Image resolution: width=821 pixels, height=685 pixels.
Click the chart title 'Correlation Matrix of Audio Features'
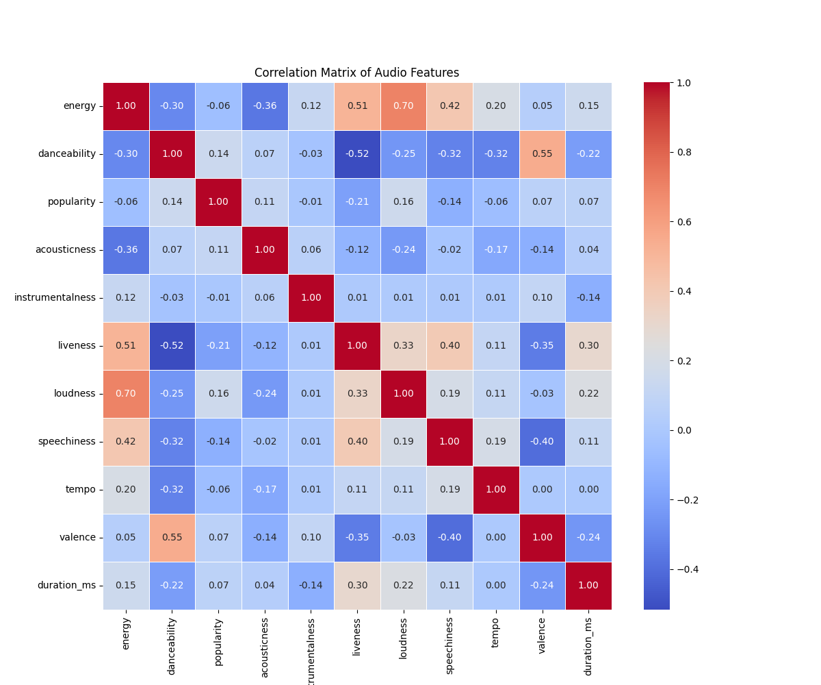click(356, 73)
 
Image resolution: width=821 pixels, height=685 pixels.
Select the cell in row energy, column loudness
click(403, 106)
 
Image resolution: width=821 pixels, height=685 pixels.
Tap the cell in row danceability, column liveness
click(357, 154)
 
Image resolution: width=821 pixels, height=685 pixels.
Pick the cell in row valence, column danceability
click(172, 538)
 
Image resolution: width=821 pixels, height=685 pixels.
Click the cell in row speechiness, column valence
click(542, 442)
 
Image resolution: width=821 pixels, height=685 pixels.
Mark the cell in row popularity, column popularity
click(218, 202)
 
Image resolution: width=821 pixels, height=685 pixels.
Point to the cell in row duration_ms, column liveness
click(357, 586)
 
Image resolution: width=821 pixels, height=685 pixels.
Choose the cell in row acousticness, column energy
click(126, 250)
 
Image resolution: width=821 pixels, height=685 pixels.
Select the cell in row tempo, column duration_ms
click(588, 490)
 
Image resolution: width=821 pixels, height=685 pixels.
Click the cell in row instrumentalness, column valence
click(542, 298)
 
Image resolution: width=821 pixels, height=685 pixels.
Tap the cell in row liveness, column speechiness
click(449, 346)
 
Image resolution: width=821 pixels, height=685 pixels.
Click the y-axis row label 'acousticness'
click(66, 250)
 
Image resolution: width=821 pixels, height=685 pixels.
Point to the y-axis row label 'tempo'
click(81, 490)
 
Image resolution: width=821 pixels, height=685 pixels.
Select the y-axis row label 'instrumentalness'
click(55, 298)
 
